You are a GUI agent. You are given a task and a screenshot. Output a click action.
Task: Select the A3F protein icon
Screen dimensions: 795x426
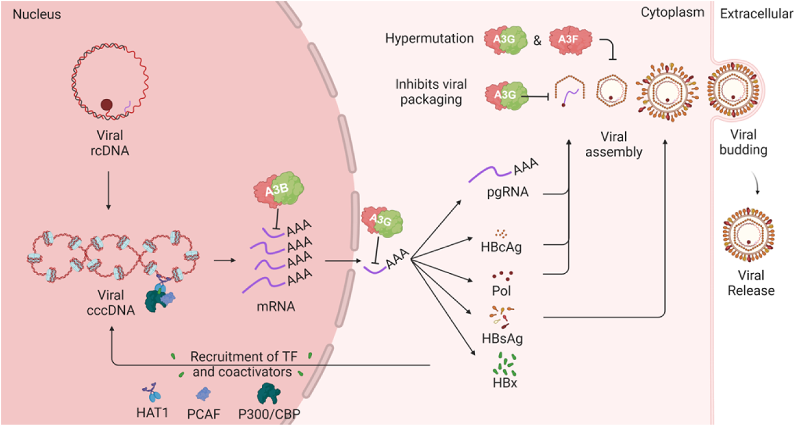[571, 40]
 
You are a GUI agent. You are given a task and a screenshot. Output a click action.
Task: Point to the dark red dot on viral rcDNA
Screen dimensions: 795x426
[107, 105]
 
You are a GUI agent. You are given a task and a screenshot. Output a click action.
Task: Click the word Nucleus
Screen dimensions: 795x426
[37, 14]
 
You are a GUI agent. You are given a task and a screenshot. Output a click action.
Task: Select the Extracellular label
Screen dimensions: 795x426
[756, 14]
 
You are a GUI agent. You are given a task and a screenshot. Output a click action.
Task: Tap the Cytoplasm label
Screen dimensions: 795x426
[673, 13]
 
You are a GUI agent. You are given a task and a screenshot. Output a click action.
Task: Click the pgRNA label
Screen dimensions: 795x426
[508, 192]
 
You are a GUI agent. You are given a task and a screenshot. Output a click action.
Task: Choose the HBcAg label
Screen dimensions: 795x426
[501, 247]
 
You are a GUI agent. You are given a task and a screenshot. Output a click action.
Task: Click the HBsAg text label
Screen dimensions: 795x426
[502, 338]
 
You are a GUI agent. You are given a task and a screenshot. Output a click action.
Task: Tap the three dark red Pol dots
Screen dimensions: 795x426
[502, 275]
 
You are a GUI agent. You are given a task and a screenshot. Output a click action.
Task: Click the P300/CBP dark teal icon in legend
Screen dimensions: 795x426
[269, 394]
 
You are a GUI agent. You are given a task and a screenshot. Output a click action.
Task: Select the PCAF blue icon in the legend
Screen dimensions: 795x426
[203, 394]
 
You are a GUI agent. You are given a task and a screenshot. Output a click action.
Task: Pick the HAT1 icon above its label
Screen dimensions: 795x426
[152, 392]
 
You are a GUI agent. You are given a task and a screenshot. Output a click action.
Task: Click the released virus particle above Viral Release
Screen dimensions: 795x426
[749, 235]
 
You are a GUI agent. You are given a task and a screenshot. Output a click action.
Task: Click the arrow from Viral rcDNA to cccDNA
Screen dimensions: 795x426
[108, 190]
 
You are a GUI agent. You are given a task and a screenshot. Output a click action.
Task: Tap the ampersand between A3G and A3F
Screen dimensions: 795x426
[538, 40]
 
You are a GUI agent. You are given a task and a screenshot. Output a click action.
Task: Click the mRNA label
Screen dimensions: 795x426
[276, 306]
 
